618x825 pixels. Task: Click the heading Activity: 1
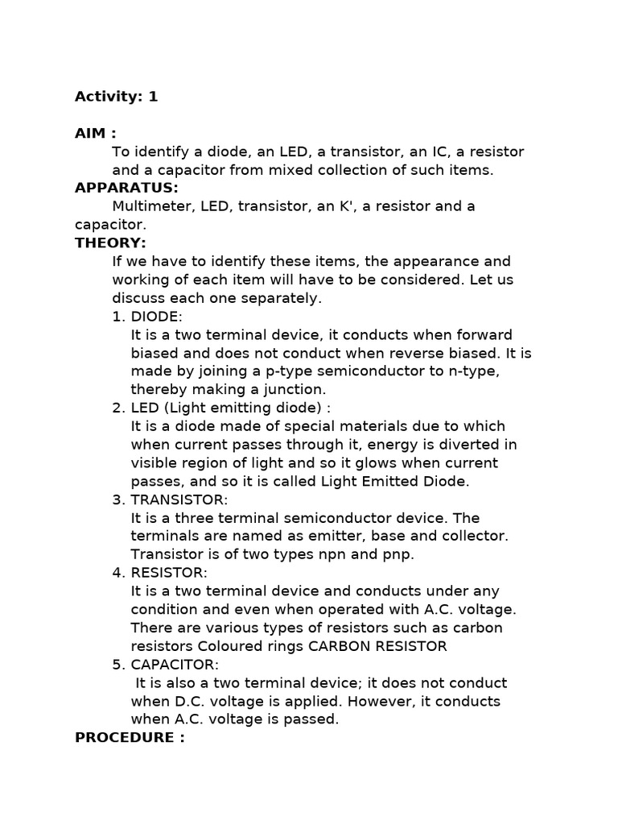point(117,97)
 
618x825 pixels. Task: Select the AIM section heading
point(95,134)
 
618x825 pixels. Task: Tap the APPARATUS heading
point(126,188)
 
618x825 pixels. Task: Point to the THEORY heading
point(110,243)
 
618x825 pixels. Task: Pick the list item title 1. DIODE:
point(147,317)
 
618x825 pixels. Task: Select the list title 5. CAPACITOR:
point(165,665)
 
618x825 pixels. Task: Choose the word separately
point(282,298)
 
